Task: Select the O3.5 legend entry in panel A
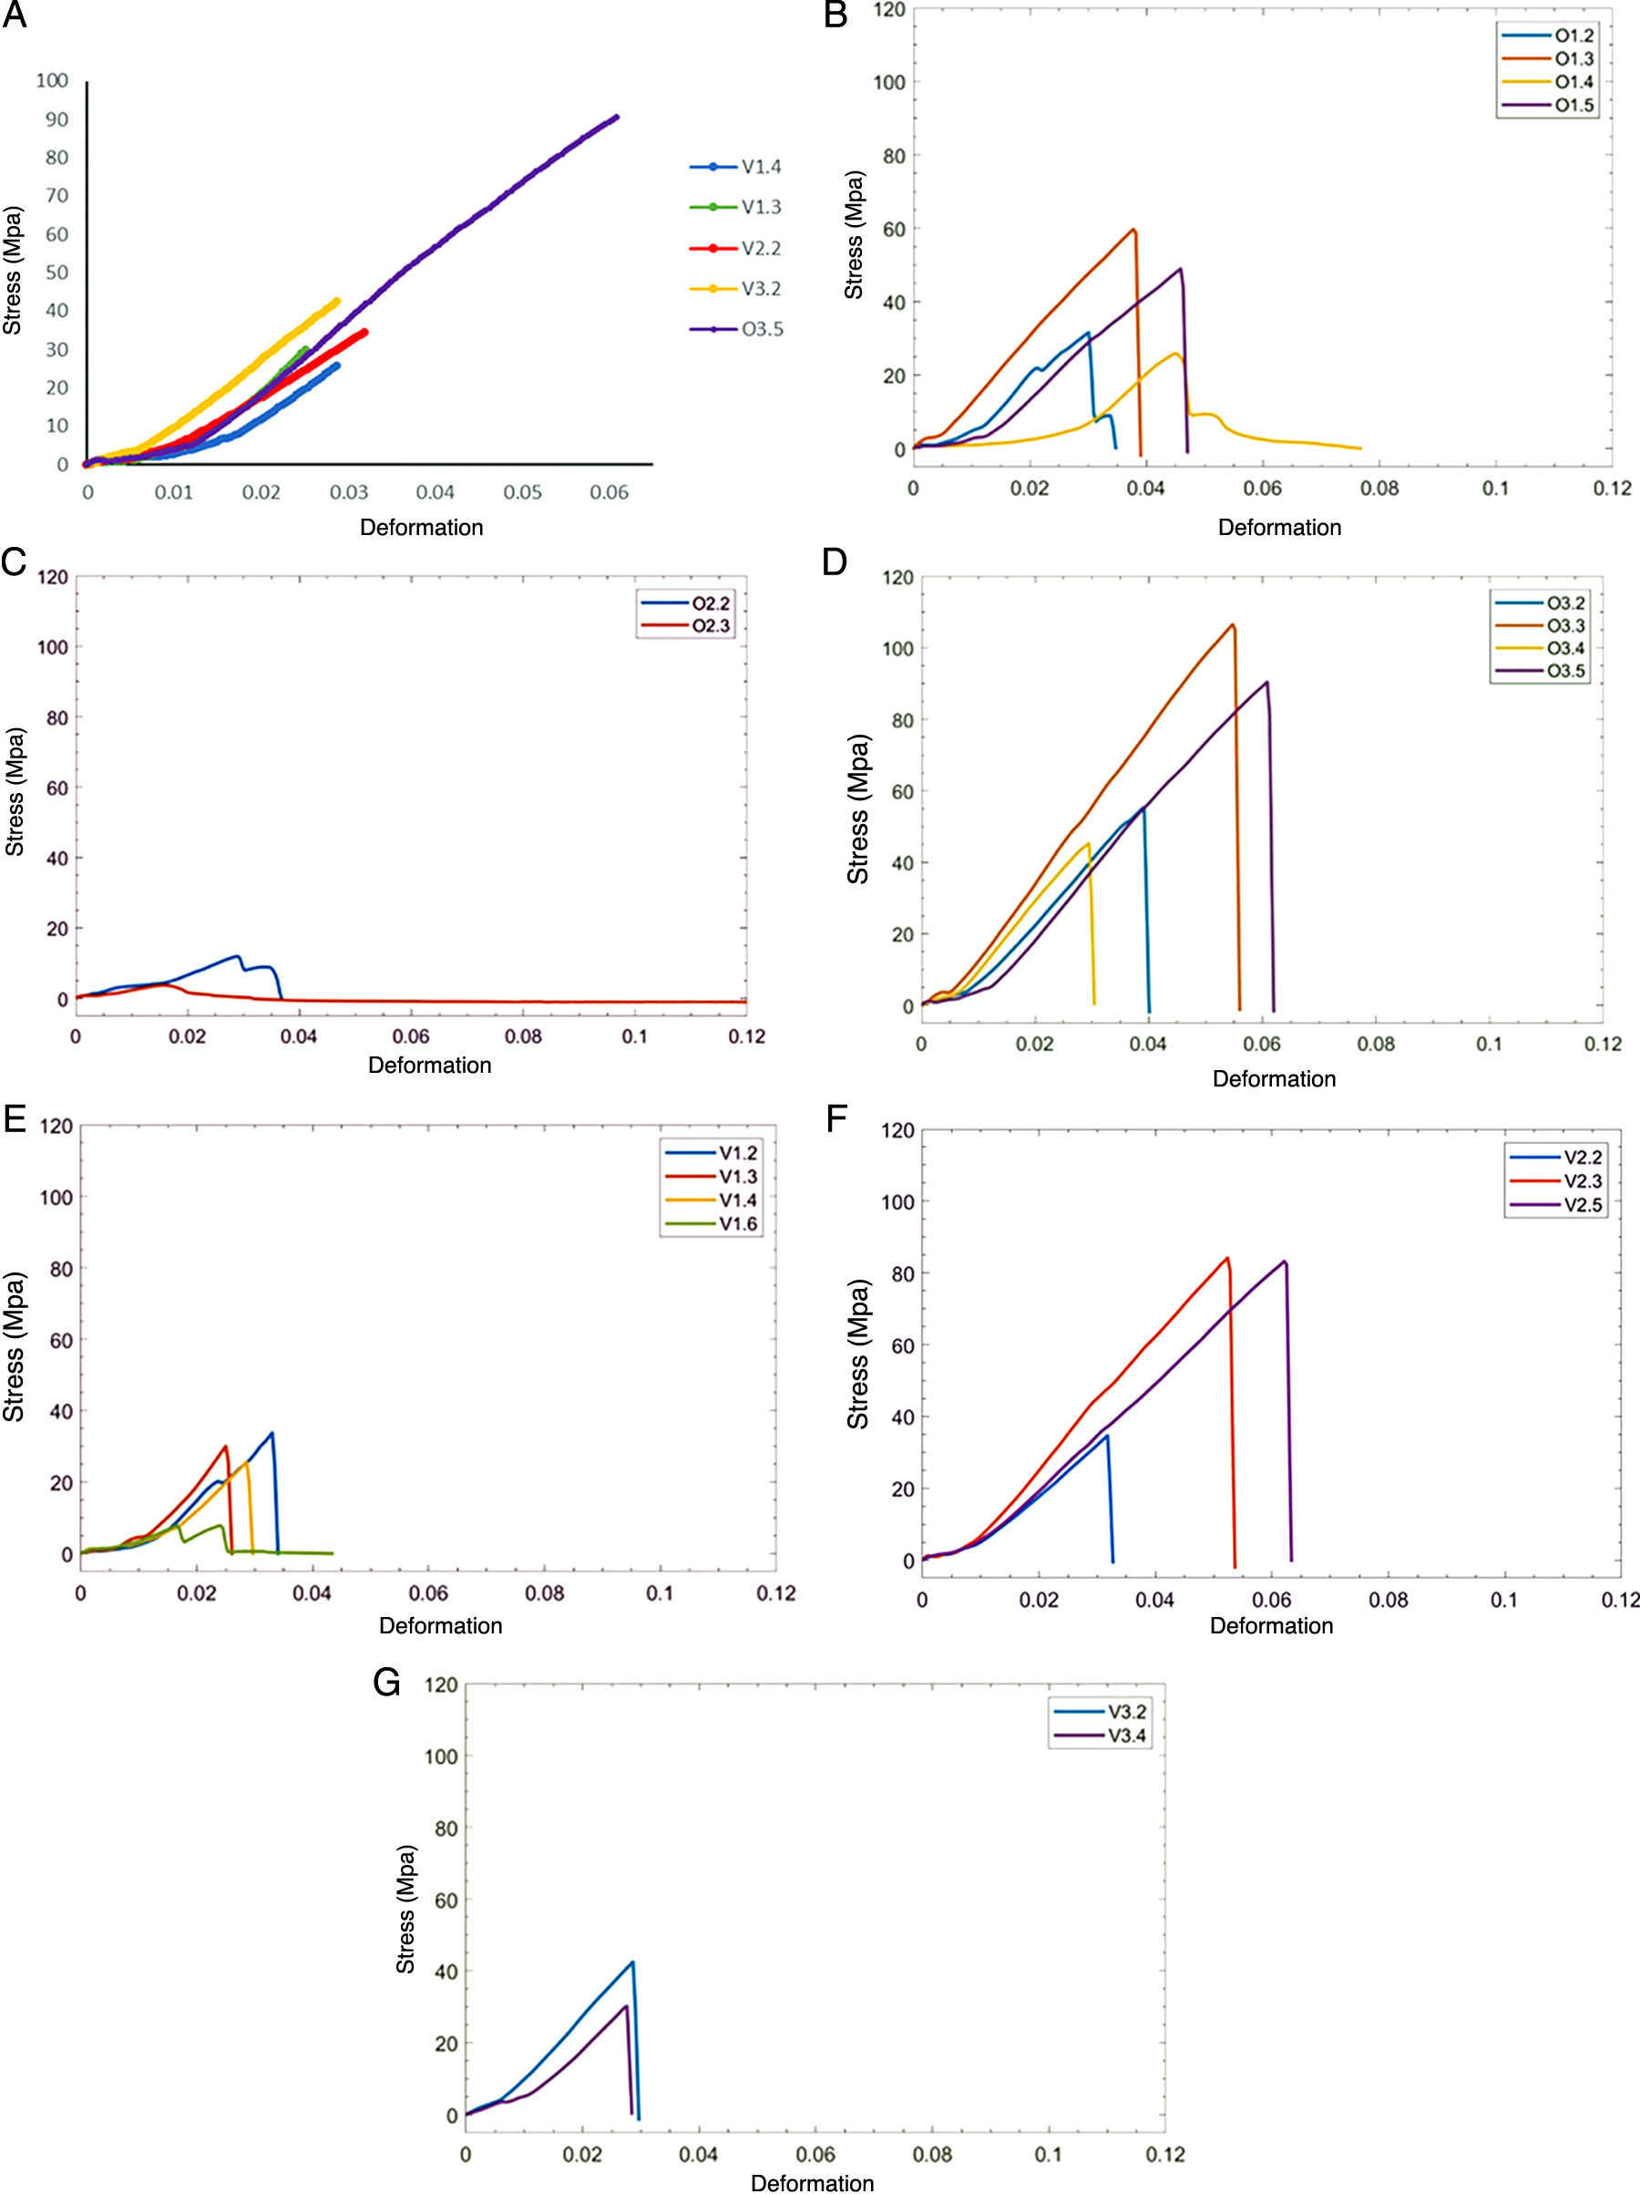click(762, 329)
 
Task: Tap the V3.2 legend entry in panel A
click(762, 289)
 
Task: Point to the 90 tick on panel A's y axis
click(56, 119)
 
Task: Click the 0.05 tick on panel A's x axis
click(521, 492)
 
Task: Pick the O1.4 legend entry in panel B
click(1573, 82)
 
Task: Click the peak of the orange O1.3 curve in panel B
click(1133, 229)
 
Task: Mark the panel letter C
click(14, 561)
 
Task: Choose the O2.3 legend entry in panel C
click(711, 626)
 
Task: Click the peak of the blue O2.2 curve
click(237, 956)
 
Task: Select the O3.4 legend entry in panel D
click(1565, 649)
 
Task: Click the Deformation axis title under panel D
click(1273, 1078)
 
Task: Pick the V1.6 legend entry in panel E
click(738, 1224)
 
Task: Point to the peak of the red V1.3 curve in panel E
click(225, 1447)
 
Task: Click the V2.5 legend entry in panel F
click(1583, 1205)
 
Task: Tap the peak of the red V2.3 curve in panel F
click(1227, 1258)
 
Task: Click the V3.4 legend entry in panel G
click(1126, 1736)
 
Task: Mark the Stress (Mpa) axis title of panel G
click(405, 1909)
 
